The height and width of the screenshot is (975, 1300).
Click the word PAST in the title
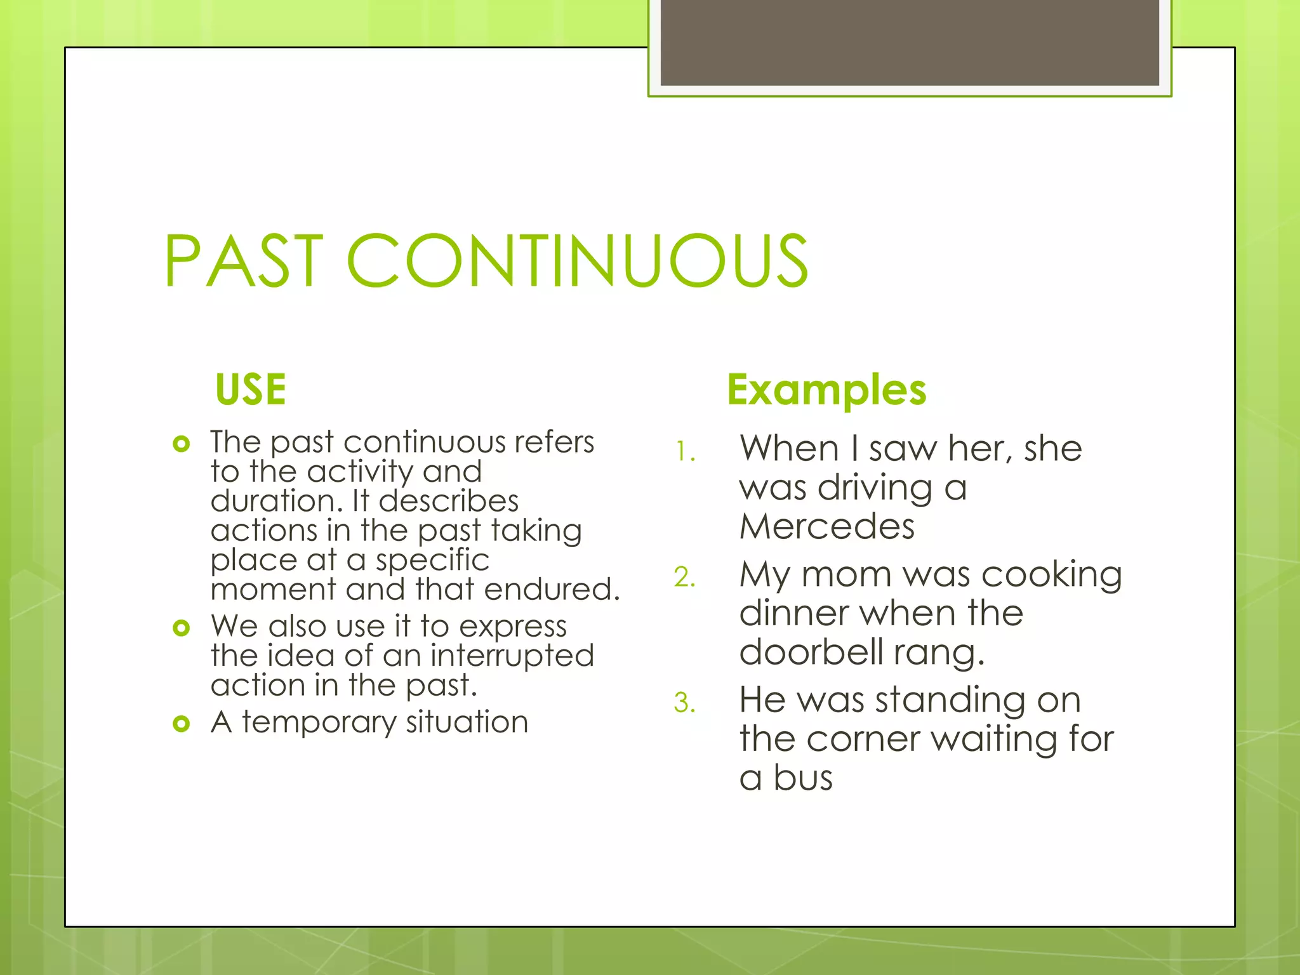tap(244, 261)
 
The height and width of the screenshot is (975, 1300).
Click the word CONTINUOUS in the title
tap(577, 261)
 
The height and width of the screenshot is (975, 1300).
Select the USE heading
tap(251, 389)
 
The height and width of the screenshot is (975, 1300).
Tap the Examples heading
tap(826, 389)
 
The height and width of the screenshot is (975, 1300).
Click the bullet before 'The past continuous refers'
tap(182, 444)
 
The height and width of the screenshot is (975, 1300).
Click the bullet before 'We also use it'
tap(182, 628)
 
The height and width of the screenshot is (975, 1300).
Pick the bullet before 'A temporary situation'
tap(182, 724)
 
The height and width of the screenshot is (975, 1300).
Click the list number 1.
tap(684, 452)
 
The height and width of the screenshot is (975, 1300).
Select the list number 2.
tap(685, 578)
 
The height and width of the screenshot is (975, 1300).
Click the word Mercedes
tap(826, 527)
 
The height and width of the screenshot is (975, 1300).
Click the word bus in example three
tap(802, 778)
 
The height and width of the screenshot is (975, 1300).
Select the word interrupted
tap(512, 656)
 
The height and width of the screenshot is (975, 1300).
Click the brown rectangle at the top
tap(910, 43)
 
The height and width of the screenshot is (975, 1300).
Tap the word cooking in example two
tap(1051, 575)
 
